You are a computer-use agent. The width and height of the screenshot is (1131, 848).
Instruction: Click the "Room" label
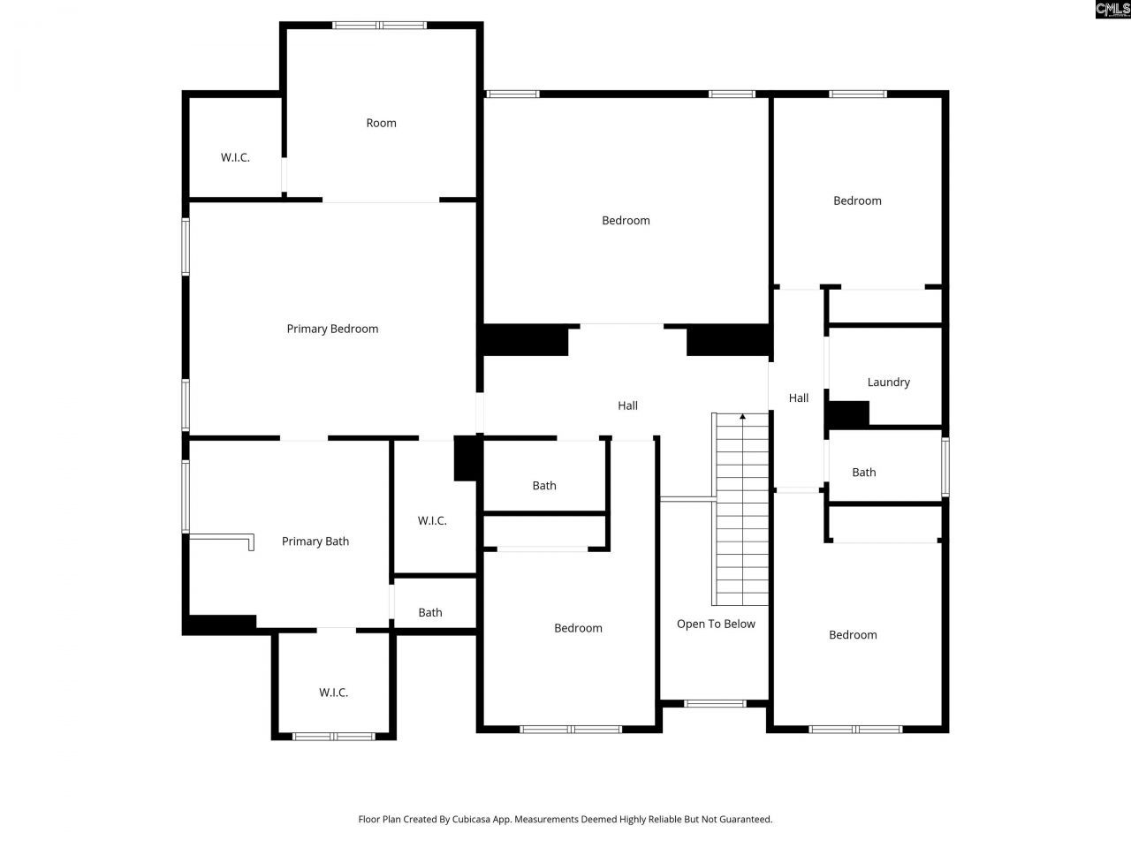pyautogui.click(x=381, y=123)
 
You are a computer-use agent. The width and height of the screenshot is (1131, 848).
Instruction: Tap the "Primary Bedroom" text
pyautogui.click(x=332, y=329)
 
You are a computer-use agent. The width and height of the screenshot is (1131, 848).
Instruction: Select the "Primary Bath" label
pyautogui.click(x=315, y=541)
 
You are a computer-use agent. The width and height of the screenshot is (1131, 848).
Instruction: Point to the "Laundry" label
pyautogui.click(x=888, y=382)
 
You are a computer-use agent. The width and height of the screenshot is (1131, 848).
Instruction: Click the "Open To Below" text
pyautogui.click(x=716, y=624)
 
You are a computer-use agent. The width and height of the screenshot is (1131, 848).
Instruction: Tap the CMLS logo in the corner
pyautogui.click(x=1112, y=10)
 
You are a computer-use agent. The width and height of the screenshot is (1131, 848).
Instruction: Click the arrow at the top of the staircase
pyautogui.click(x=742, y=416)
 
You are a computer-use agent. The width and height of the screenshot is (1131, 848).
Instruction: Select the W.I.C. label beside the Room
pyautogui.click(x=235, y=157)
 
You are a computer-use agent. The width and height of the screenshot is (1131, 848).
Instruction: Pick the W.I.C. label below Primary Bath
pyautogui.click(x=333, y=693)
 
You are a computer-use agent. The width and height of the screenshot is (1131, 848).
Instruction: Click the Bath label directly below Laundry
pyautogui.click(x=863, y=473)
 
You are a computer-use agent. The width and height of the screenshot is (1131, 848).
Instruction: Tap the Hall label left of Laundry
pyautogui.click(x=798, y=398)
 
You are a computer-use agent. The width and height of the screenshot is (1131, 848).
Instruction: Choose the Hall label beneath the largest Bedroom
pyautogui.click(x=627, y=405)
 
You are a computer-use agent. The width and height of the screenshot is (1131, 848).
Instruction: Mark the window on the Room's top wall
pyautogui.click(x=379, y=25)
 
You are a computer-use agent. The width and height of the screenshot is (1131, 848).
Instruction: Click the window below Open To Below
pyautogui.click(x=715, y=703)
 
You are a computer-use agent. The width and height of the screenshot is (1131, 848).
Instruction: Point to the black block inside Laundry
pyautogui.click(x=848, y=413)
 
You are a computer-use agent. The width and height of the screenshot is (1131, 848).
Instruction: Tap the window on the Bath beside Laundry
pyautogui.click(x=945, y=466)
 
